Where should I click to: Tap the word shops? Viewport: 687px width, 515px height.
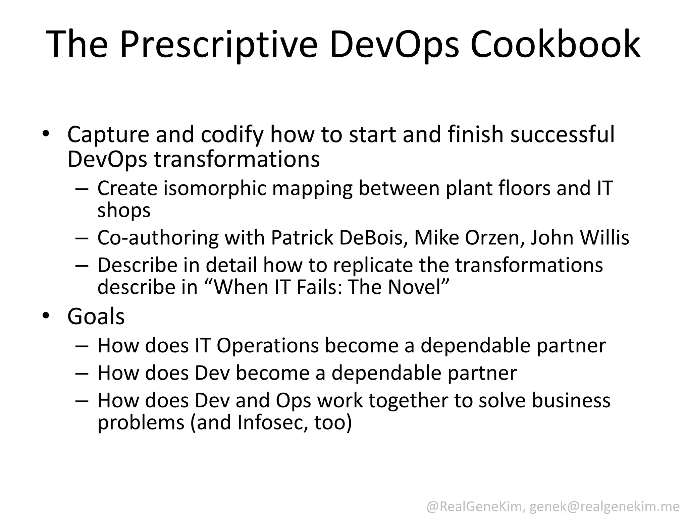tap(124, 211)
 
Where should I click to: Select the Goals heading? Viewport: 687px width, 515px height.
tap(96, 317)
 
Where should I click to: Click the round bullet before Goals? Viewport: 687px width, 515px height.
tap(46, 316)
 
